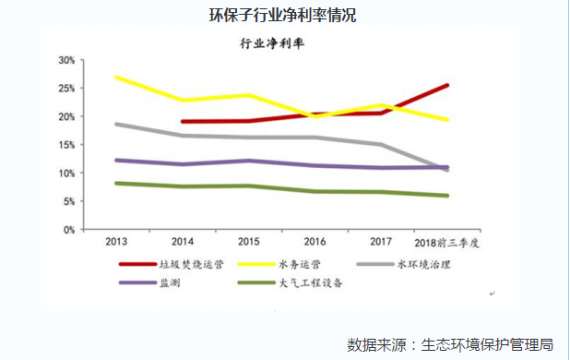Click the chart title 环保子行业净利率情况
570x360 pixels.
(283, 16)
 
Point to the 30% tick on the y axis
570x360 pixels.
(65, 60)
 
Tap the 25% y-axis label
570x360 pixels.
(65, 89)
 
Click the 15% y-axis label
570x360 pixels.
(65, 145)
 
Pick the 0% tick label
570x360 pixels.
(68, 229)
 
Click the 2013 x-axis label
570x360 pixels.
(116, 242)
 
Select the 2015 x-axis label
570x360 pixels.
(249, 242)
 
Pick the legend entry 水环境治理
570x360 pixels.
(426, 264)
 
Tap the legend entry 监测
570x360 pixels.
(171, 282)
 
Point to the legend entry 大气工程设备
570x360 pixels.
(311, 282)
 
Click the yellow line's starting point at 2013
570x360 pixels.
(116, 78)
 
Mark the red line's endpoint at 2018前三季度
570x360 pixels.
(447, 86)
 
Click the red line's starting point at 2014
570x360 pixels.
(183, 121)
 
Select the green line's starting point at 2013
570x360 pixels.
(116, 183)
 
